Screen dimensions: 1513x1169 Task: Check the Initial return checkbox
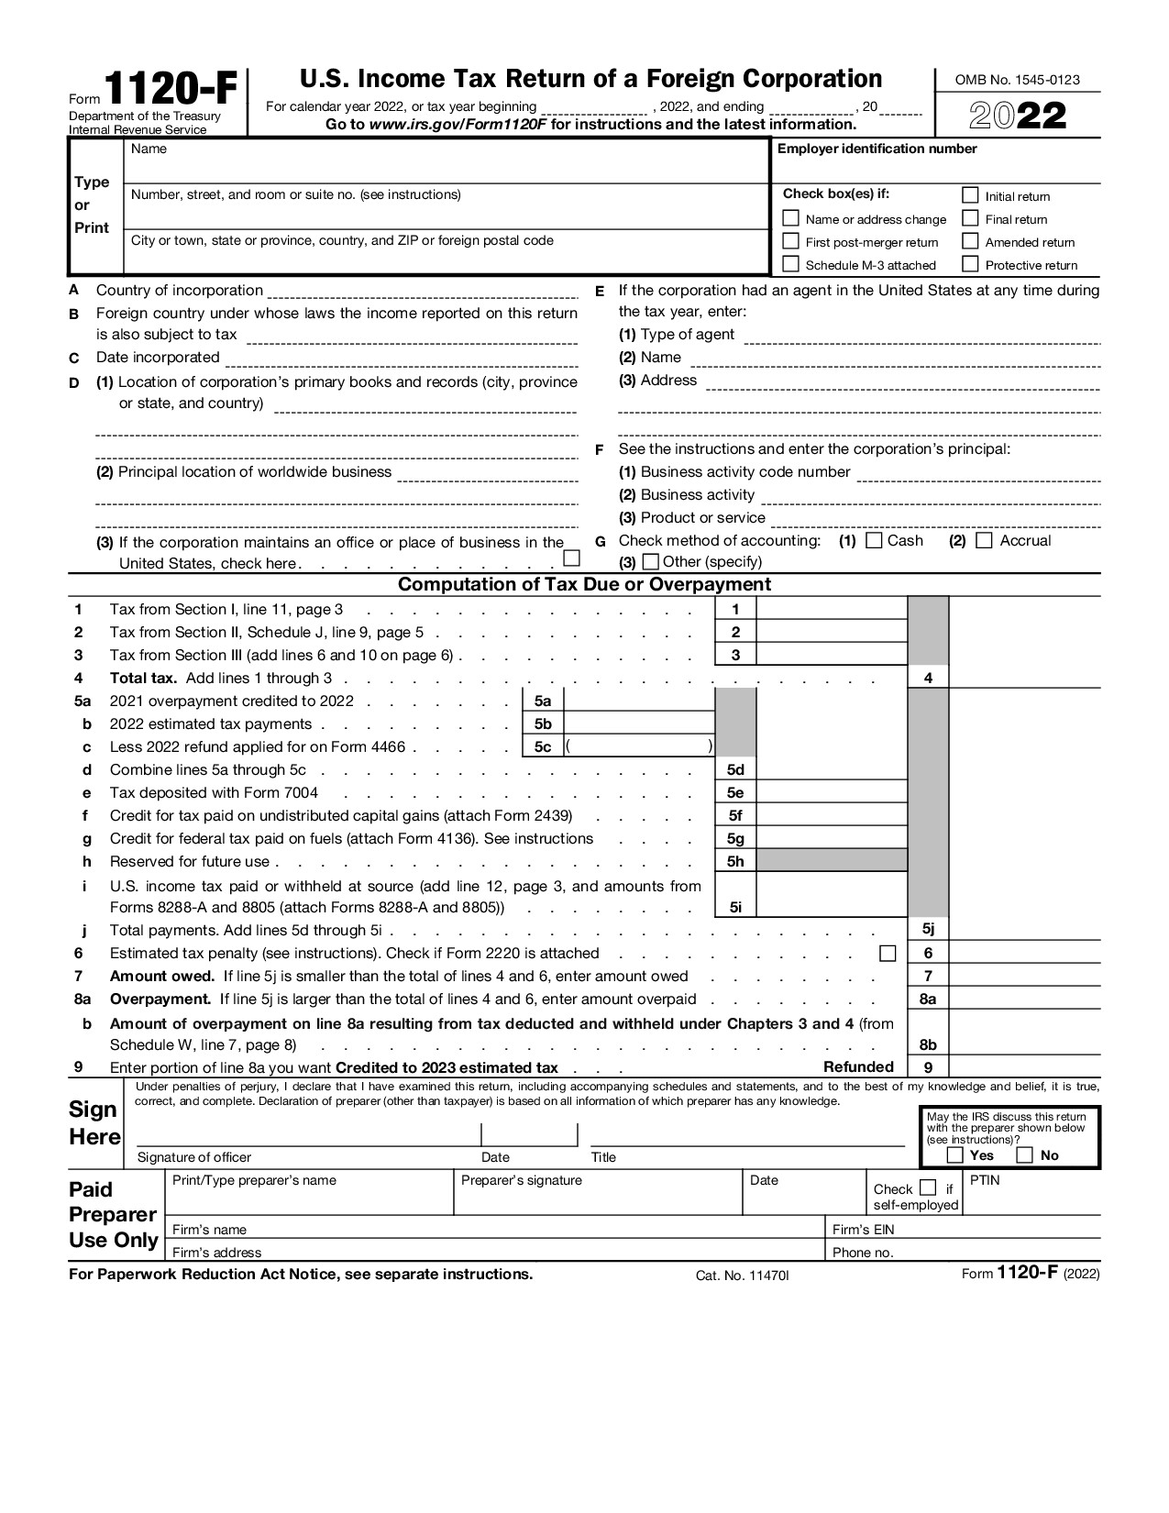[x=970, y=195]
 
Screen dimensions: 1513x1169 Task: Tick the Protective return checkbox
[x=970, y=264]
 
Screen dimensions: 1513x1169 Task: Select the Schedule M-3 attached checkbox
[x=790, y=264]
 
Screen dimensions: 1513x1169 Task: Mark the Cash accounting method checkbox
[x=874, y=540]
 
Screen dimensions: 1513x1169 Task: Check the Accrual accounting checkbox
[x=984, y=540]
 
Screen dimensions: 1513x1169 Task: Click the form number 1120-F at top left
[x=171, y=92]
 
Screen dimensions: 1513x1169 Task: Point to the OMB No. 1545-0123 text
[x=1017, y=80]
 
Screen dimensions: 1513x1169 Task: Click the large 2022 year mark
[x=1018, y=116]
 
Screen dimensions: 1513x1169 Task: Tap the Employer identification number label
[x=877, y=149]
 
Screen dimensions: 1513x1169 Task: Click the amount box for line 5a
[x=639, y=701]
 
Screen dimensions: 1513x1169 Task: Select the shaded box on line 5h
[x=832, y=861]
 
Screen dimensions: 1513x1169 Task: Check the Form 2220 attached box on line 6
[x=887, y=954]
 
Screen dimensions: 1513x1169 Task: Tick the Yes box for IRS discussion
[x=954, y=1155]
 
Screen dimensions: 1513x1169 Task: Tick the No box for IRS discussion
[x=1025, y=1155]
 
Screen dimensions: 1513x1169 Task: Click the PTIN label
[x=984, y=1180]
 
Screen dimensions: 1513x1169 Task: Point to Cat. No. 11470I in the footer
[x=742, y=1276]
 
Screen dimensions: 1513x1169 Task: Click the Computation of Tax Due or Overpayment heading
[x=584, y=584]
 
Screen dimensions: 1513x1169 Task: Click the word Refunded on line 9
[x=858, y=1066]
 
